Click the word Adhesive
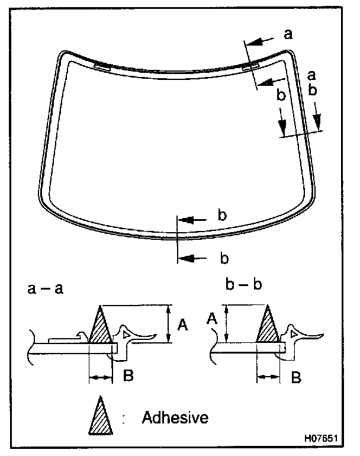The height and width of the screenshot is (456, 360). [175, 418]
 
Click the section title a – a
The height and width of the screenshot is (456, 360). [46, 289]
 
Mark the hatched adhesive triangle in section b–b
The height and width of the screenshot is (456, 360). [268, 329]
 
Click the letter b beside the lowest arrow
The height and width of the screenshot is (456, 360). [224, 258]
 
